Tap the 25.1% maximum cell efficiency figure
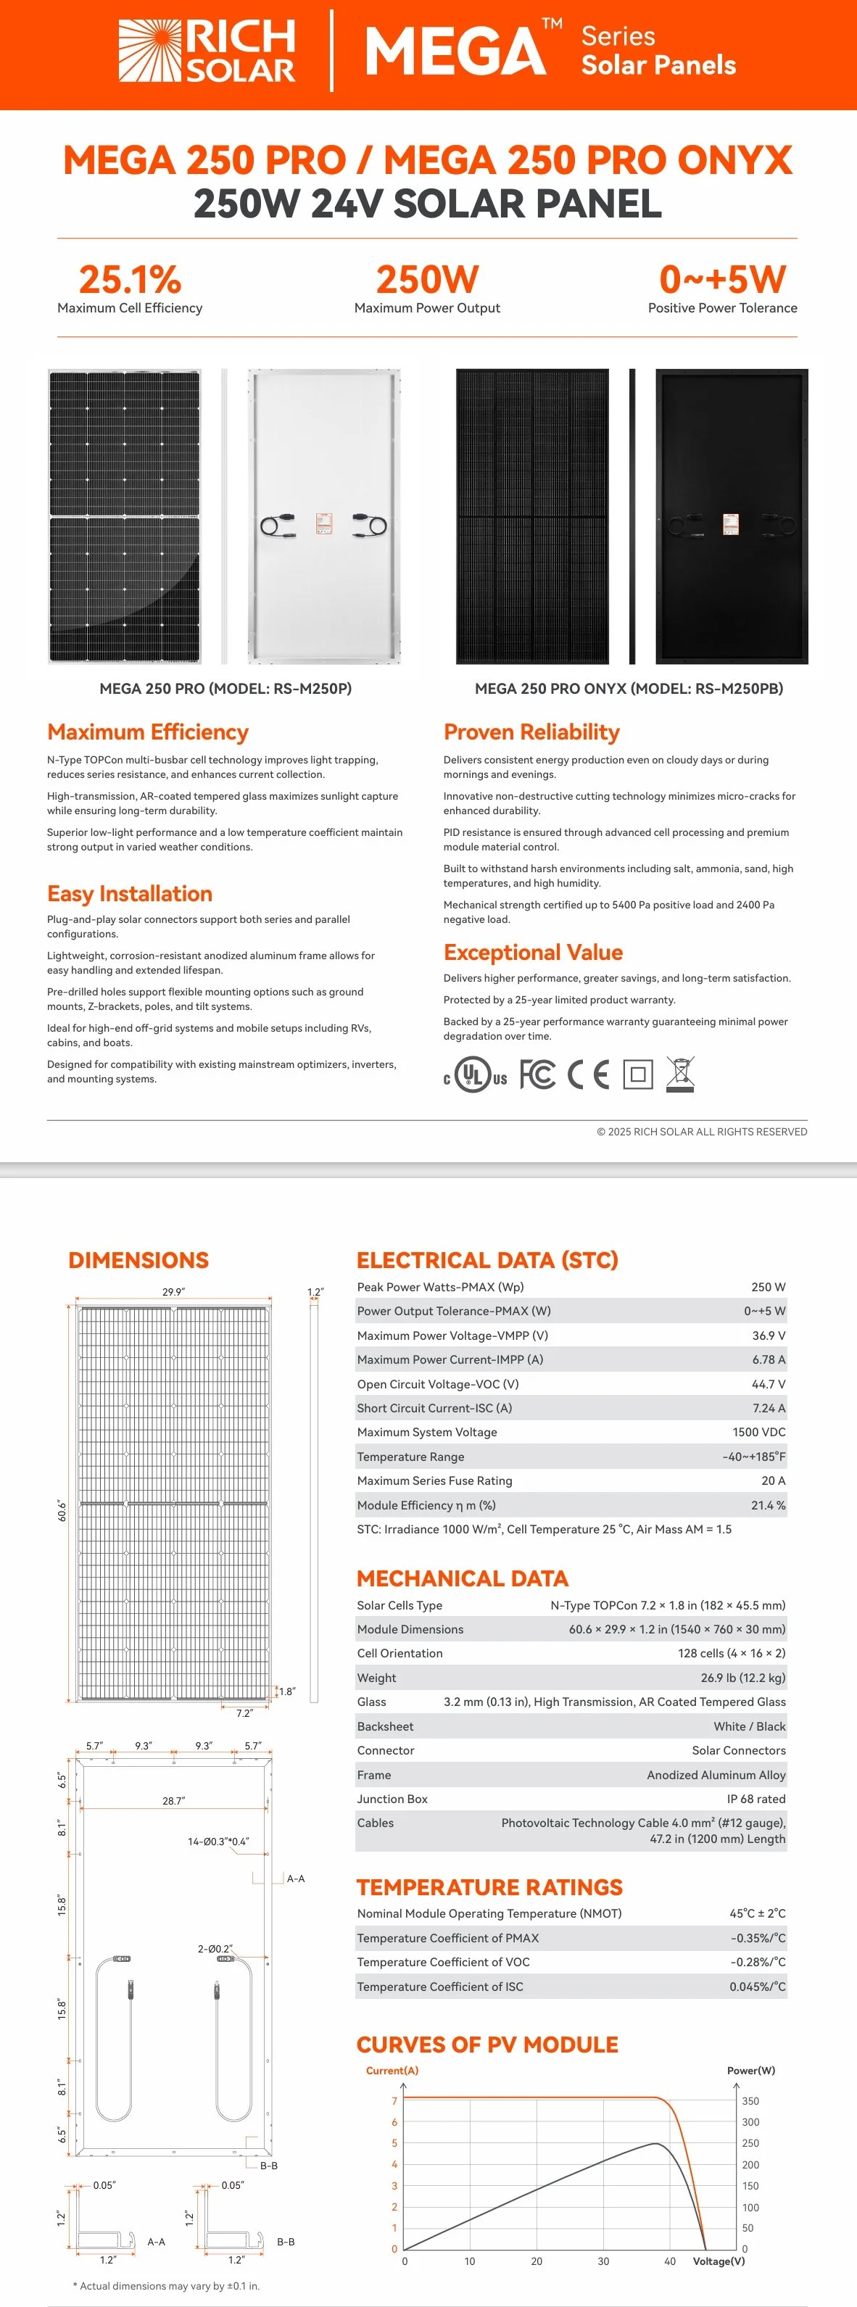pos(130,279)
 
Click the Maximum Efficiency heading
pos(148,732)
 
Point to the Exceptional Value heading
pos(533,953)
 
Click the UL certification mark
pos(475,1074)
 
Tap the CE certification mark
pos(588,1074)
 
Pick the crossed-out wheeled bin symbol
pos(681,1074)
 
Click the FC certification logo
pos(537,1074)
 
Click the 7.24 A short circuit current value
pos(769,1408)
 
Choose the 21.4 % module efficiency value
pos(767,1505)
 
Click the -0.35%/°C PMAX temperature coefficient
pos(758,1938)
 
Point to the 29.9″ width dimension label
pos(174,1292)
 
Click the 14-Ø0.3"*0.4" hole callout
pos(218,1842)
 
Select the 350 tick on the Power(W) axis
pos(750,2101)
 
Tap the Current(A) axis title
pos(392,2071)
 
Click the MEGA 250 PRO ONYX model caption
pos(629,689)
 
